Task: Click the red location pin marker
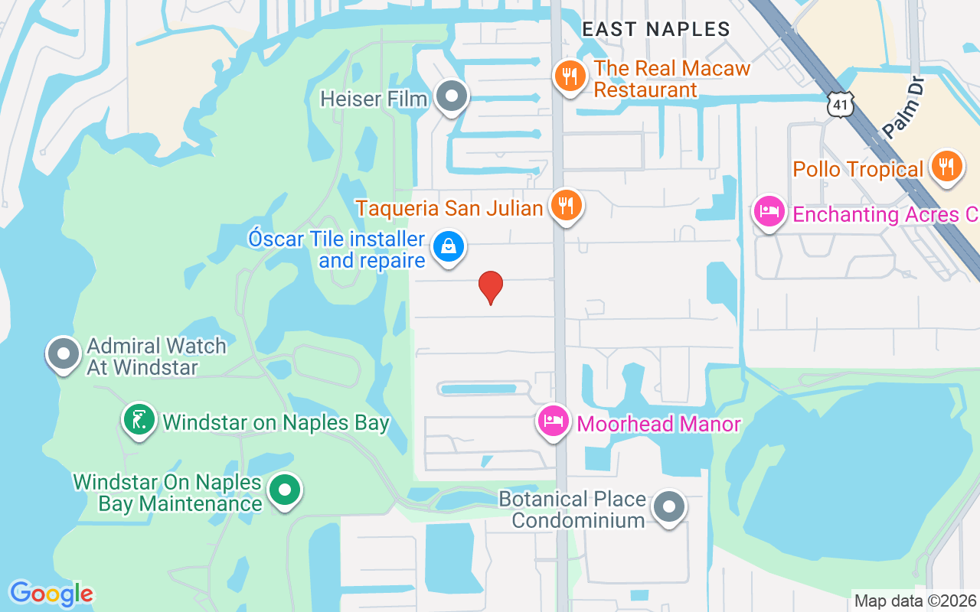(x=490, y=287)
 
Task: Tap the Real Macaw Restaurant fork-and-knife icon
(x=570, y=76)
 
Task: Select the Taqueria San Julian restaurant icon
(x=566, y=205)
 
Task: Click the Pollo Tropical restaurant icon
(x=947, y=166)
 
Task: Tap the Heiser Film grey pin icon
(x=452, y=96)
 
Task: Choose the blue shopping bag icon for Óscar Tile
(x=449, y=247)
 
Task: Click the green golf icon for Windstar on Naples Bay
(x=139, y=420)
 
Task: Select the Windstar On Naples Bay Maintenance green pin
(x=286, y=490)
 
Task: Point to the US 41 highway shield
(x=841, y=105)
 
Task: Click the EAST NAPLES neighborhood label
(x=656, y=29)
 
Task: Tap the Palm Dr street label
(x=903, y=106)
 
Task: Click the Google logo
(x=51, y=594)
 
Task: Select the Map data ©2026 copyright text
(x=915, y=601)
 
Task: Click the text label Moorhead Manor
(x=658, y=424)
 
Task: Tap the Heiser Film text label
(x=374, y=99)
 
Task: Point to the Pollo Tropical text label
(x=857, y=169)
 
